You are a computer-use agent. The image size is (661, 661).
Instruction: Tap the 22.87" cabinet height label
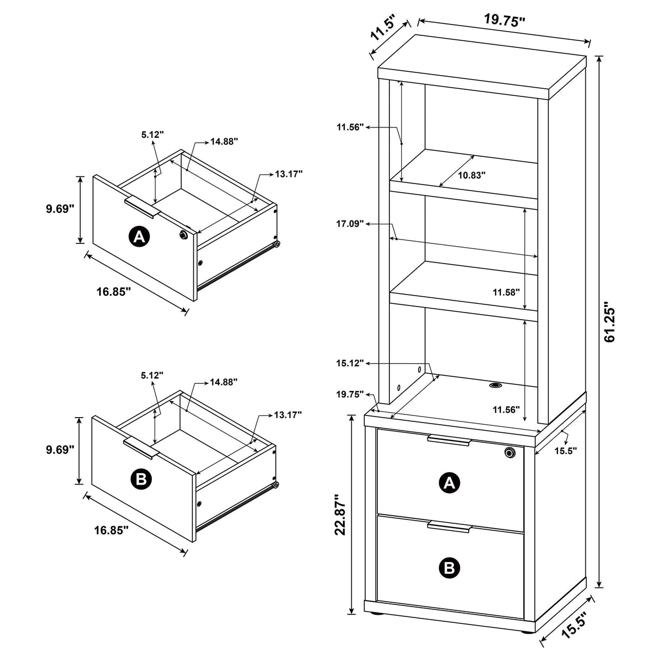click(341, 515)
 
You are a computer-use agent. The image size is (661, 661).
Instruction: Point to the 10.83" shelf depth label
click(472, 175)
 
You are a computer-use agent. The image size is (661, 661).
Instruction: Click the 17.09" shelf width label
click(350, 223)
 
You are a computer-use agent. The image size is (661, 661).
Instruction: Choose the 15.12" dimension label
click(350, 363)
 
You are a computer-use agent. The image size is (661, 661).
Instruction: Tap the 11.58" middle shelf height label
click(506, 292)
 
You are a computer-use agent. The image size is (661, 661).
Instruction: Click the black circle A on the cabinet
click(449, 482)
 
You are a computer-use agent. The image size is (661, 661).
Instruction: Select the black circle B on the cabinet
click(449, 568)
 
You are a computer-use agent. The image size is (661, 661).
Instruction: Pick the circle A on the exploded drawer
click(139, 237)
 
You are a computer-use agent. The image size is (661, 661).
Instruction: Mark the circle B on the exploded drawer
click(141, 479)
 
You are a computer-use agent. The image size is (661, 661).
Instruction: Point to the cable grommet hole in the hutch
click(495, 385)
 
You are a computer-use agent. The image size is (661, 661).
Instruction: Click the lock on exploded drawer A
click(183, 234)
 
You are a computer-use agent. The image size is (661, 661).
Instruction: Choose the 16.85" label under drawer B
click(111, 529)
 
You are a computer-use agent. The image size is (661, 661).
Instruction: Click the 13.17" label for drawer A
click(289, 174)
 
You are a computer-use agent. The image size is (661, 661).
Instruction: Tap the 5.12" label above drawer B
click(152, 375)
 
